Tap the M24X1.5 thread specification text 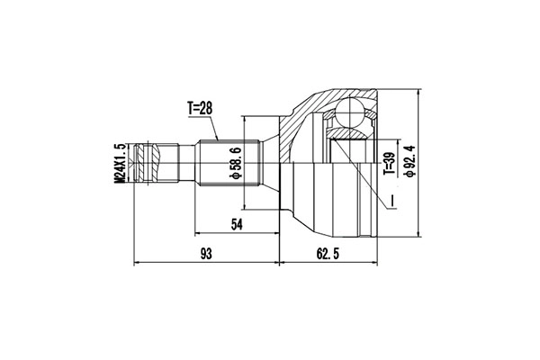(x=119, y=162)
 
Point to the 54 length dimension (x=237, y=224)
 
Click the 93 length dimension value (x=206, y=255)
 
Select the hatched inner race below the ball (x=351, y=135)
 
